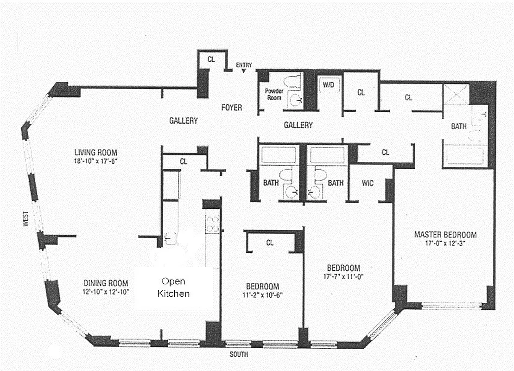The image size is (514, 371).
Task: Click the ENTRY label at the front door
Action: pyautogui.click(x=244, y=65)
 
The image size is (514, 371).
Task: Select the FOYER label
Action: pyautogui.click(x=231, y=108)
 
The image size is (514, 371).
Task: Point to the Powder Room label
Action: pyautogui.click(x=274, y=94)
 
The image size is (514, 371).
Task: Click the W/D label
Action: pyautogui.click(x=329, y=85)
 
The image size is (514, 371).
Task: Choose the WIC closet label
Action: pyautogui.click(x=368, y=183)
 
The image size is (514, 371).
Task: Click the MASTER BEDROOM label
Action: pyautogui.click(x=445, y=235)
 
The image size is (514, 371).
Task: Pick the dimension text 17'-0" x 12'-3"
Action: pyautogui.click(x=445, y=243)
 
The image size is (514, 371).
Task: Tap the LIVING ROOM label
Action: pyautogui.click(x=96, y=152)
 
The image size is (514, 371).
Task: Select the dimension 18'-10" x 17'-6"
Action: pyautogui.click(x=96, y=160)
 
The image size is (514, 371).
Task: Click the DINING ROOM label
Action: pyautogui.click(x=106, y=283)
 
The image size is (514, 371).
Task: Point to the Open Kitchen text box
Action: pyautogui.click(x=173, y=288)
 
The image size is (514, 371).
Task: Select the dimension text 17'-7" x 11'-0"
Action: pyautogui.click(x=343, y=277)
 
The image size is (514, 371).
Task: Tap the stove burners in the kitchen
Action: pyautogui.click(x=212, y=224)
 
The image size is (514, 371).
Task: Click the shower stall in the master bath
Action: pyautogui.click(x=456, y=95)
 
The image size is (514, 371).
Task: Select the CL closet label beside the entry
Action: pyautogui.click(x=211, y=59)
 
